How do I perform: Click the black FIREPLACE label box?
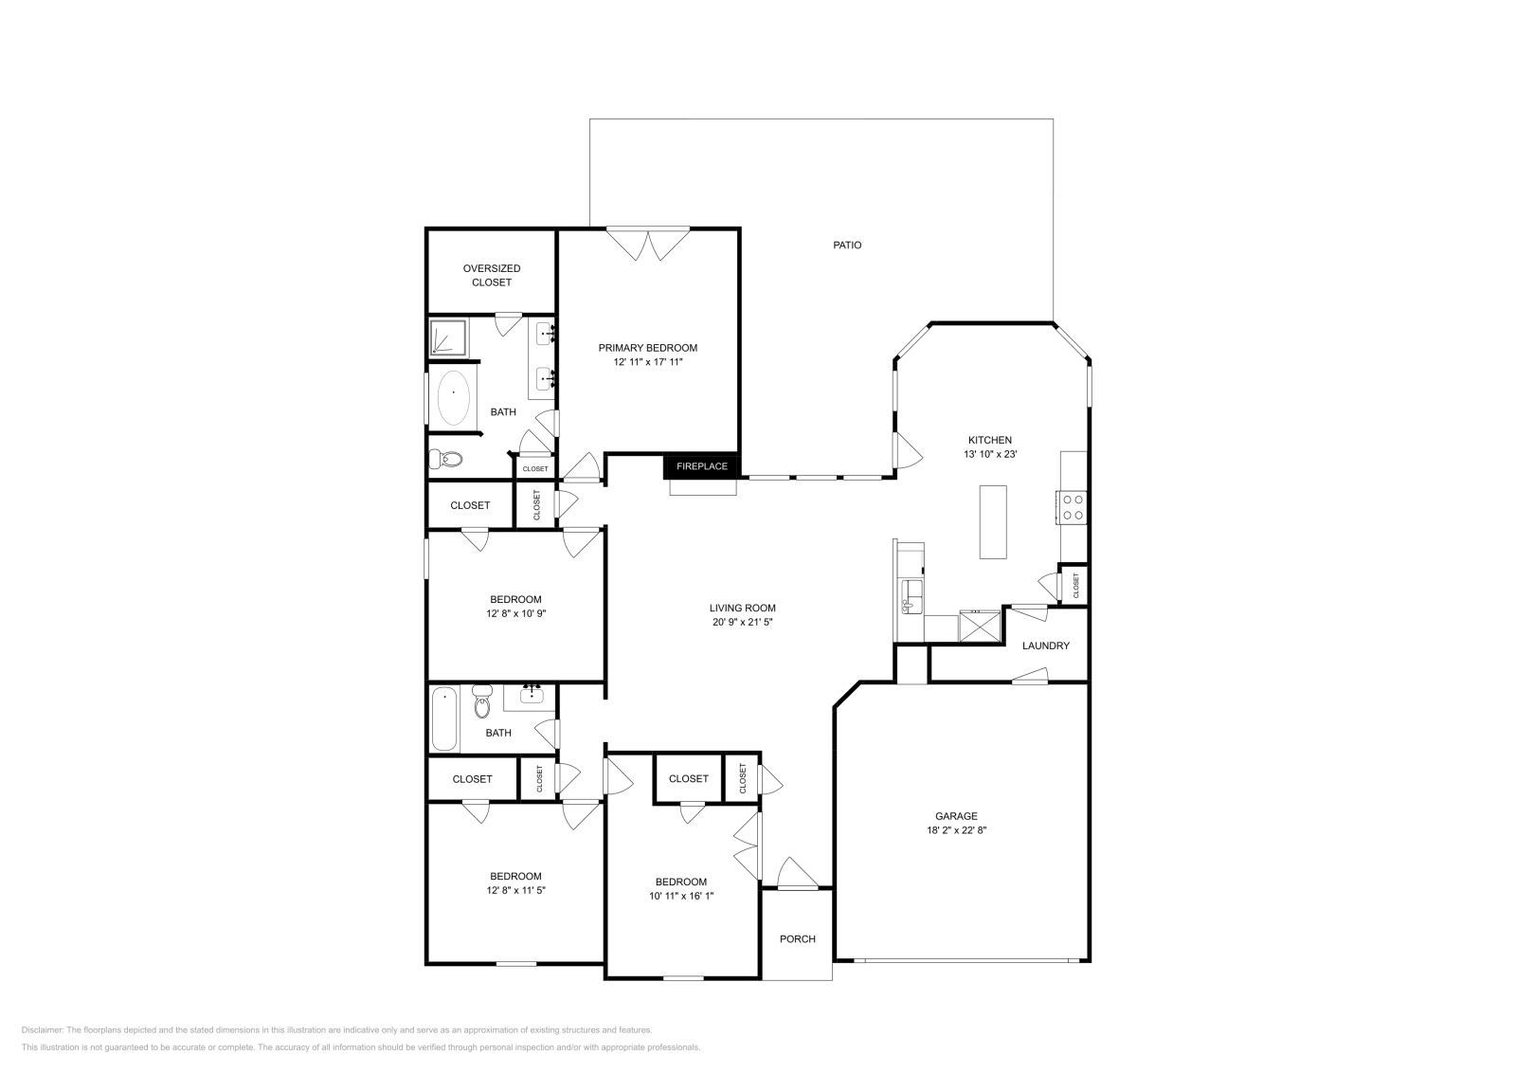(x=701, y=466)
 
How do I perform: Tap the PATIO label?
(x=847, y=246)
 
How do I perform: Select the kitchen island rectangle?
(x=993, y=522)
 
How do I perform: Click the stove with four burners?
(x=1073, y=507)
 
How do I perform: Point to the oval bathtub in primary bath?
(x=453, y=398)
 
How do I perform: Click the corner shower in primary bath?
(x=448, y=338)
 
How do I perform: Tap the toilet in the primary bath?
(x=446, y=460)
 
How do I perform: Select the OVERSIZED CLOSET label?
(x=491, y=275)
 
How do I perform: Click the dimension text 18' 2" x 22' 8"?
(x=956, y=830)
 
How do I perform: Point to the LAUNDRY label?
(x=1046, y=646)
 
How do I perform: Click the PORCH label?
(x=797, y=939)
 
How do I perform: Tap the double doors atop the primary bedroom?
(x=648, y=244)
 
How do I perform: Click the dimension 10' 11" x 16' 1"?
(x=680, y=896)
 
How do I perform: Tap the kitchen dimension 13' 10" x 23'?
(x=989, y=454)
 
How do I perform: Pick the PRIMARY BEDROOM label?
(x=647, y=348)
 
